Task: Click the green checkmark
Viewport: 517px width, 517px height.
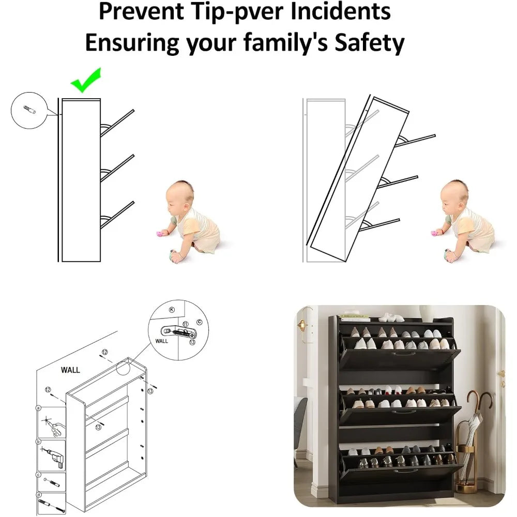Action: [x=85, y=81]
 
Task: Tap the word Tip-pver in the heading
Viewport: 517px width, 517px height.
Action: [x=237, y=11]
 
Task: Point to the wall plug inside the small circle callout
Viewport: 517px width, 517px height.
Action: [x=29, y=109]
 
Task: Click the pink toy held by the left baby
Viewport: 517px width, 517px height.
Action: [x=160, y=234]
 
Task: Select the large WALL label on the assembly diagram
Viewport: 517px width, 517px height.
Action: [x=70, y=370]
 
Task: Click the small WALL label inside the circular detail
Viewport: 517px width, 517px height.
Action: [x=161, y=341]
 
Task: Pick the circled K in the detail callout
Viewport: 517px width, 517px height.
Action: [x=172, y=310]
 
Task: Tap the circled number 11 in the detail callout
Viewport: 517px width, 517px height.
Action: [x=186, y=325]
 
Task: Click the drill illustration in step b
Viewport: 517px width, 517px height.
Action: [x=53, y=456]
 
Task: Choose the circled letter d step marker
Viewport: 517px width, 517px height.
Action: [x=39, y=495]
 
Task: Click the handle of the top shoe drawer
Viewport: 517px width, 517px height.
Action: [x=400, y=354]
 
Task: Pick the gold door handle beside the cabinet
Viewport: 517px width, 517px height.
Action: [x=503, y=377]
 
